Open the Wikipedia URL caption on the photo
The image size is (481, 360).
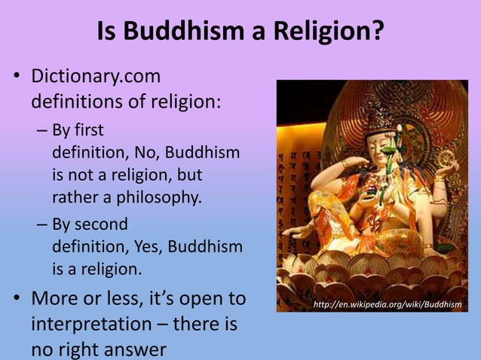pos(387,304)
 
